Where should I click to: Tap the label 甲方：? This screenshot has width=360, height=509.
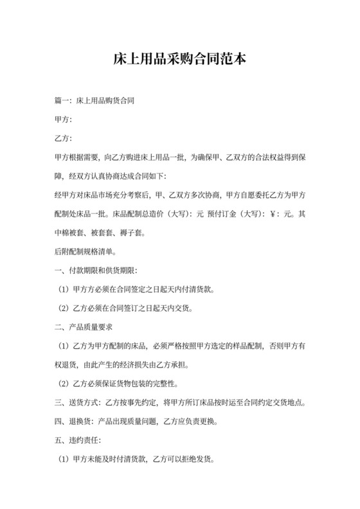pos(64,120)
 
